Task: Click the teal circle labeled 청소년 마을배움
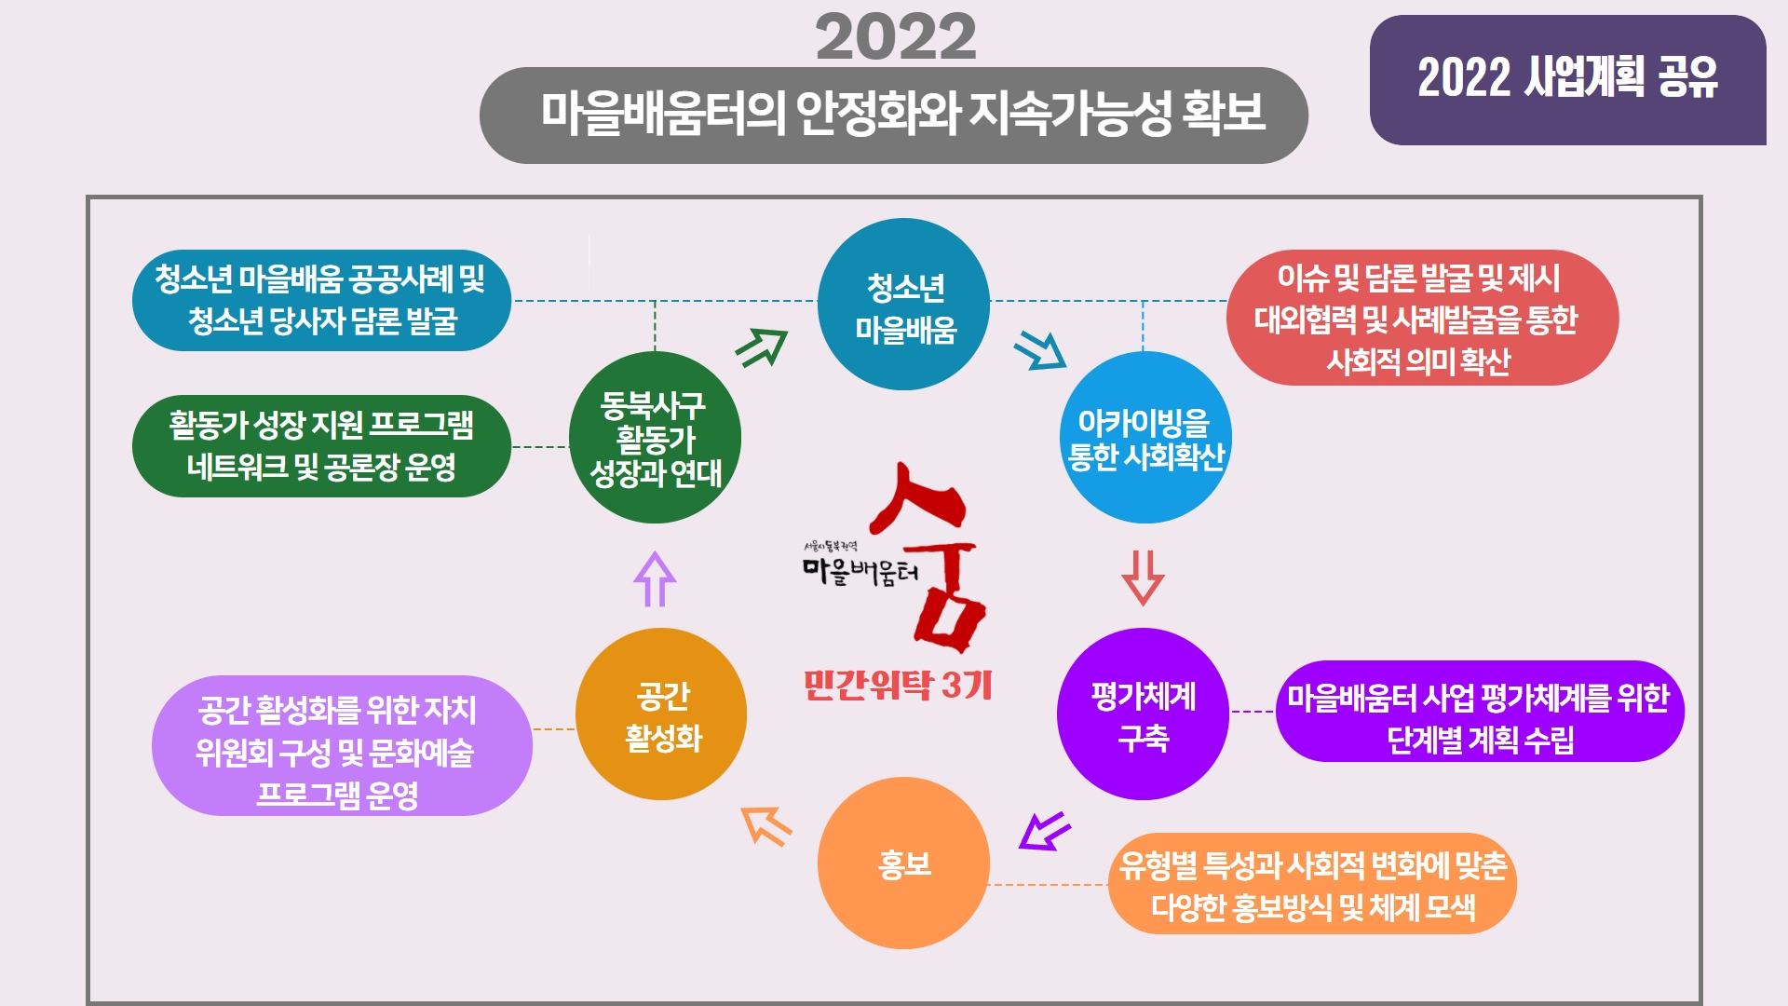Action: pyautogui.click(x=903, y=305)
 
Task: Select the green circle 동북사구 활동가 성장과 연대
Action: pyautogui.click(x=655, y=437)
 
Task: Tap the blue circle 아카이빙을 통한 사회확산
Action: pyautogui.click(x=1145, y=437)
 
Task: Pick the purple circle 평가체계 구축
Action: pyautogui.click(x=1143, y=714)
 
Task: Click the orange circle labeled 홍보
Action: pyautogui.click(x=903, y=863)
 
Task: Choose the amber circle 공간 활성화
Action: pyautogui.click(x=661, y=714)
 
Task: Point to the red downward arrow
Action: pyautogui.click(x=1143, y=578)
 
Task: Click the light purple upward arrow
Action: pyautogui.click(x=655, y=578)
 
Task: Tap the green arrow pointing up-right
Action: pyautogui.click(x=762, y=347)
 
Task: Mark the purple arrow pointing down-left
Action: pyautogui.click(x=1044, y=831)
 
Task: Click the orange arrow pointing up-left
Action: pyautogui.click(x=766, y=826)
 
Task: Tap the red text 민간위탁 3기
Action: pyautogui.click(x=898, y=685)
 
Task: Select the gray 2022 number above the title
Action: pyautogui.click(x=896, y=38)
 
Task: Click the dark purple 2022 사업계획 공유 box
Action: pyautogui.click(x=1567, y=80)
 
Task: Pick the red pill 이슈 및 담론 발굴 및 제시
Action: pyautogui.click(x=1422, y=318)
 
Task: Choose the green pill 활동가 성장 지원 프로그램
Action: pyautogui.click(x=321, y=446)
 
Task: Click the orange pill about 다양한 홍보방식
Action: pyautogui.click(x=1312, y=884)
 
